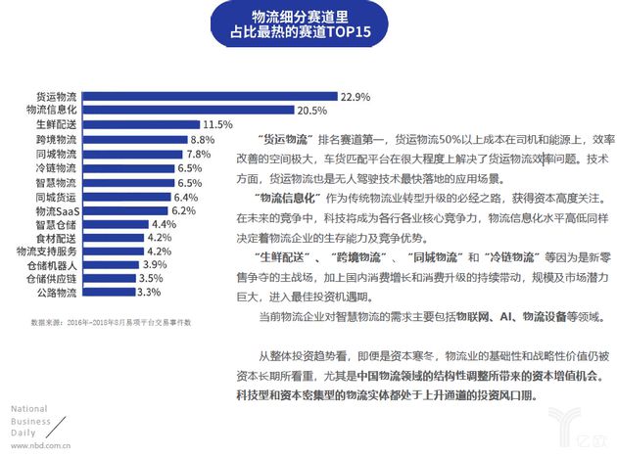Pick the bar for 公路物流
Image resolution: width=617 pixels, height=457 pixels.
click(122, 291)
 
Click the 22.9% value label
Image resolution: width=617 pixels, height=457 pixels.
click(355, 98)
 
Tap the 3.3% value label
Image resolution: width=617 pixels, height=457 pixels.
click(149, 291)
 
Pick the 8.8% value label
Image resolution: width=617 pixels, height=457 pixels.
click(202, 140)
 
